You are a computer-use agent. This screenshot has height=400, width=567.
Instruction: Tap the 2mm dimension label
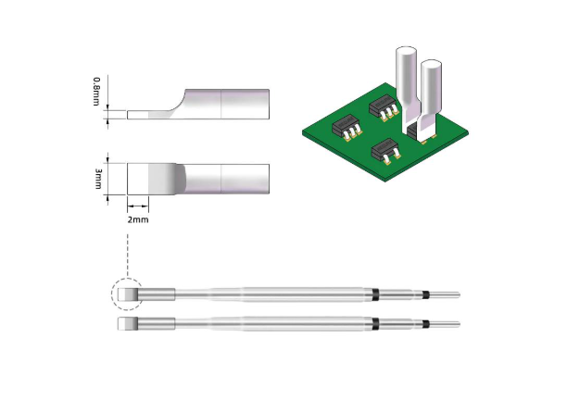tap(137, 219)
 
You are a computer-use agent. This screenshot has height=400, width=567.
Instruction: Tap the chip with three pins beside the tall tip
tap(382, 108)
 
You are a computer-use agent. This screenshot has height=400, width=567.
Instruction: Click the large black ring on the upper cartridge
tap(377, 295)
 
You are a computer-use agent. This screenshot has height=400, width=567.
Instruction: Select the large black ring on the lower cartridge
tap(377, 324)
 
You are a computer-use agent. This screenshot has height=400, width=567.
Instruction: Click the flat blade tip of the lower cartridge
tap(127, 324)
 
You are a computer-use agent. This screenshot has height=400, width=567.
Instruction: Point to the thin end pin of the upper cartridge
tap(445, 295)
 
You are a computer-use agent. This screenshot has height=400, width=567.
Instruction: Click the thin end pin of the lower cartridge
tap(445, 324)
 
